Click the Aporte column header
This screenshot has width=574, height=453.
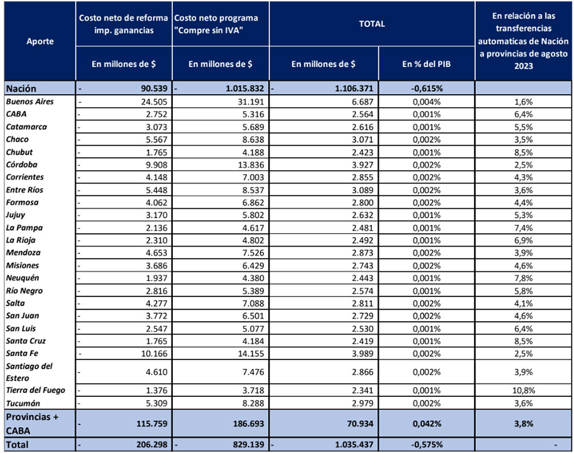[x=40, y=42]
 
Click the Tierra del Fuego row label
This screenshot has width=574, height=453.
[x=36, y=390]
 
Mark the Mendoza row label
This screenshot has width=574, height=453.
[x=23, y=252]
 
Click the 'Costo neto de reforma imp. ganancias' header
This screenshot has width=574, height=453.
[x=125, y=24]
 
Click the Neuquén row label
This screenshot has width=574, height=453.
[x=23, y=278]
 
